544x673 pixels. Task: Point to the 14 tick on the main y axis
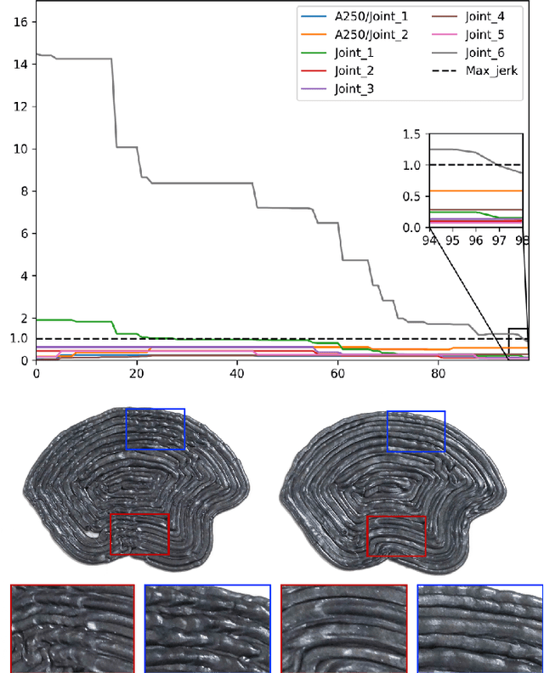tap(19, 64)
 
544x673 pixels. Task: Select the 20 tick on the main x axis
tap(136, 372)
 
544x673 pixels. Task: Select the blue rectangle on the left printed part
tap(155, 428)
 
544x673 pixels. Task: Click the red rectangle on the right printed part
tap(396, 534)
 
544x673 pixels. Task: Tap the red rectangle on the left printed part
tap(139, 534)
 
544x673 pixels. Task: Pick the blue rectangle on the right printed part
tap(416, 431)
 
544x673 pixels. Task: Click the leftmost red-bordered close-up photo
tap(72, 628)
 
